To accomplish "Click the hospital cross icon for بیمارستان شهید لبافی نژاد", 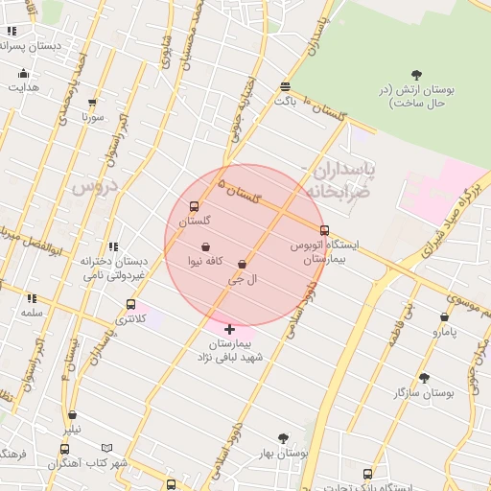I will pos(229,329).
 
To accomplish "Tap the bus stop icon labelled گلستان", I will pos(195,206).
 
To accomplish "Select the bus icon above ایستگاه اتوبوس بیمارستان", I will pos(324,230).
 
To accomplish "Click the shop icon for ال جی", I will pos(242,265).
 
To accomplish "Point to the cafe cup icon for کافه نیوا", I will pos(205,246).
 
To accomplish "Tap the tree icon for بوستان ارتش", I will pos(416,75).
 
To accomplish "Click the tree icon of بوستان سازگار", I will pos(424,378).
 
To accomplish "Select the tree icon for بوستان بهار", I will pos(282,438).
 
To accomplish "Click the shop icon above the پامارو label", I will pos(444,317).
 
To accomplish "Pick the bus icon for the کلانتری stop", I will pos(130,305).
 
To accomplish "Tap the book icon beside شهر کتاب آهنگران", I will pos(106,448).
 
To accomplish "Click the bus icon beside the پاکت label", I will pos(285,85).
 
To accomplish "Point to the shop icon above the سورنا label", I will pos(92,103).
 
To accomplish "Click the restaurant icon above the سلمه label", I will pos(32,298).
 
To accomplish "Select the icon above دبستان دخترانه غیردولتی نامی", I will pos(114,246).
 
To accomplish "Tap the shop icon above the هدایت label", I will pos(23,74).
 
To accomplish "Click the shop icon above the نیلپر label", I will pos(73,415).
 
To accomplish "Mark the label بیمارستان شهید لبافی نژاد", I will pos(229,349).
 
